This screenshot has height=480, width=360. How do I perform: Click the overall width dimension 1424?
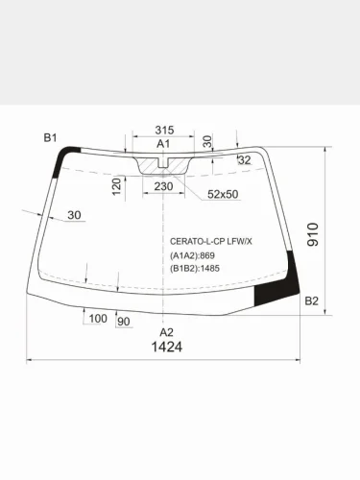coord(167,348)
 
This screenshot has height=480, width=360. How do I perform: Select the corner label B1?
coord(51,138)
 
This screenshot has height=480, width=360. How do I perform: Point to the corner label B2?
coord(310,301)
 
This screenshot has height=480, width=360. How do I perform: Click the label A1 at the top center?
coord(163,144)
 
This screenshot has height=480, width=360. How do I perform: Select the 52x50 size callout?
coord(223,194)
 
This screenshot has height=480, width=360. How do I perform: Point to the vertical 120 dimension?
coord(117,185)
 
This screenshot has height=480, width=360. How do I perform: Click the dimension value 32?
coord(244,160)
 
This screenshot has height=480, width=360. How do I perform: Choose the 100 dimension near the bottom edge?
coord(97,318)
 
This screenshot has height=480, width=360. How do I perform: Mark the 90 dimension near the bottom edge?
coord(123,321)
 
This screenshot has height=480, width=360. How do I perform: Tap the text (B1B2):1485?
coord(195,269)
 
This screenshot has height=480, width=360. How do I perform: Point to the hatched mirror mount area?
coord(164,167)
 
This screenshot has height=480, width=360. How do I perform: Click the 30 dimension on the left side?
coord(74,215)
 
